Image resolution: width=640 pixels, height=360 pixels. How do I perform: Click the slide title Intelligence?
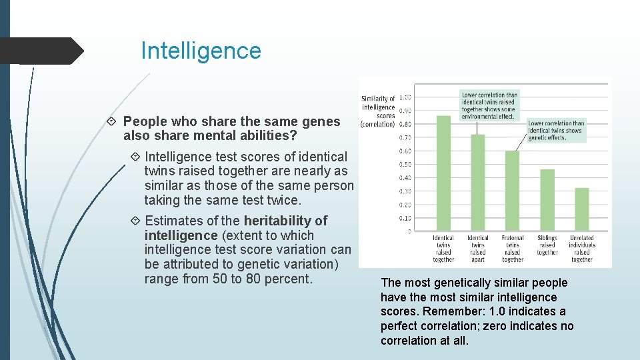point(201,51)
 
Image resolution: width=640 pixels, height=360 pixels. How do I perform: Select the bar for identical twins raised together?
point(443,174)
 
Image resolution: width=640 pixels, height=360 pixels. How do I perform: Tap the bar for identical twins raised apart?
point(478,183)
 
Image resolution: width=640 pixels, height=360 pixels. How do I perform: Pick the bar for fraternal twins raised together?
point(512,191)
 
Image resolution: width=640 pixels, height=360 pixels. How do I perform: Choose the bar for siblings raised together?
point(547,201)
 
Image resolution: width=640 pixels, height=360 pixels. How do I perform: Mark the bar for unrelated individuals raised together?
point(581,210)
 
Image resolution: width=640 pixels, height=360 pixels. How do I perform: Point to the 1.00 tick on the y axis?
point(405,97)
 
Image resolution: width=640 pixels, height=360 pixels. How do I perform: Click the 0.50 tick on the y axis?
point(405,165)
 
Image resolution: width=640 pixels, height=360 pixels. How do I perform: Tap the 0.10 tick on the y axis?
point(405,218)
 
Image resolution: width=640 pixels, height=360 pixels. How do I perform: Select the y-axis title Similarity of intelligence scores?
point(378,111)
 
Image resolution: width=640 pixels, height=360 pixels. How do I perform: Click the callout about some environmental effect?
point(489,106)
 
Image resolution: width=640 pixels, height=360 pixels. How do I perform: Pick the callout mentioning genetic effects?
point(555,131)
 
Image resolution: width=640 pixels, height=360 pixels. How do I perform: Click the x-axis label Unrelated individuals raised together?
point(582,249)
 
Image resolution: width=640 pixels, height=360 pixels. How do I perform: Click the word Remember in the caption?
point(452,311)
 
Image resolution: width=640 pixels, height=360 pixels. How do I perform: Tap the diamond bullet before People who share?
point(112,122)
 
